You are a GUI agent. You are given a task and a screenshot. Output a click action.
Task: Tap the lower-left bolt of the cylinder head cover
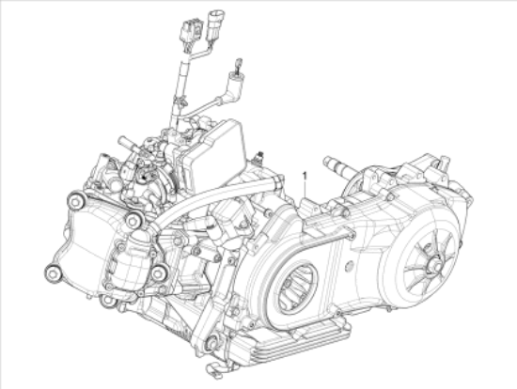click(x=52, y=274)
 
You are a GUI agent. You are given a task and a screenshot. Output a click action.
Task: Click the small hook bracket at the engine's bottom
click(x=216, y=366)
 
